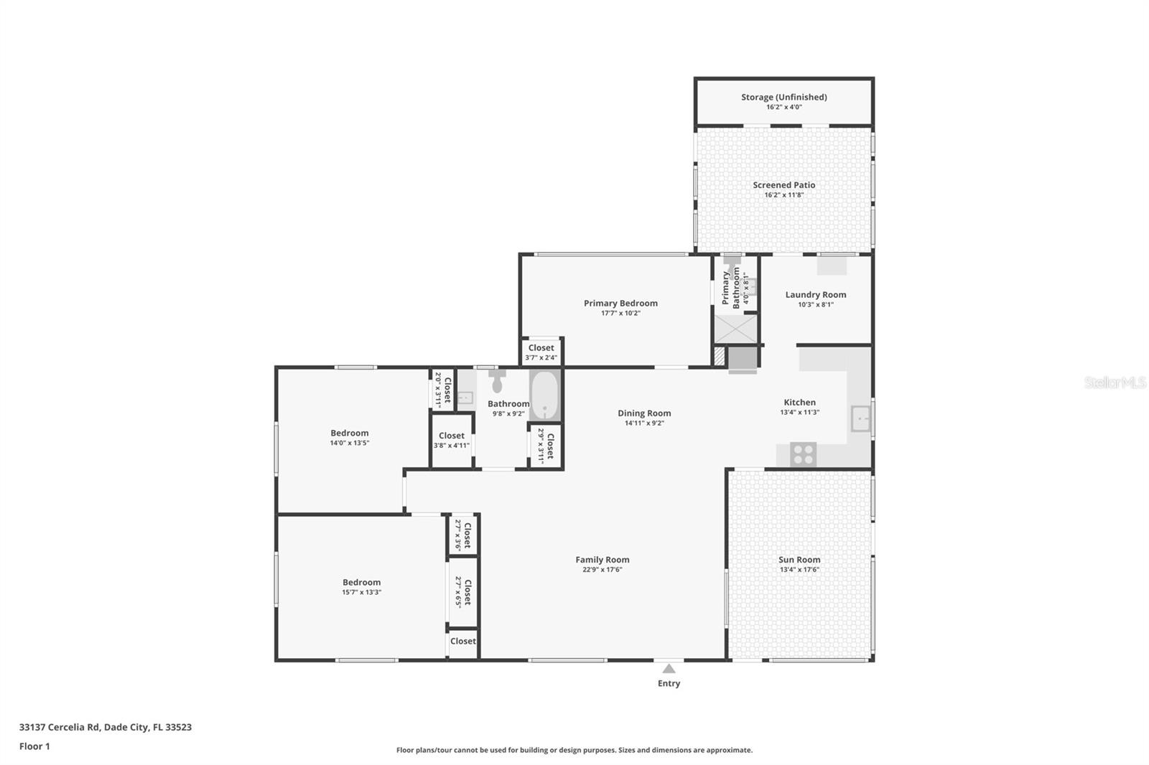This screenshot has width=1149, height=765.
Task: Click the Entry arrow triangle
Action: pyautogui.click(x=669, y=669)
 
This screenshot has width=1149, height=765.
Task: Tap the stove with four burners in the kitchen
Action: pyautogui.click(x=803, y=454)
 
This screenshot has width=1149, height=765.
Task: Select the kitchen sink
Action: pyautogui.click(x=860, y=418)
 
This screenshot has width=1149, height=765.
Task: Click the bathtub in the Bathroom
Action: pyautogui.click(x=545, y=395)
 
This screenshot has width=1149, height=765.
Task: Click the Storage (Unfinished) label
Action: pyautogui.click(x=783, y=97)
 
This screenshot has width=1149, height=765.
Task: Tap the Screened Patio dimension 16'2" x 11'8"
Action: pyautogui.click(x=783, y=195)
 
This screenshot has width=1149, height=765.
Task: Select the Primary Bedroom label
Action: pyautogui.click(x=620, y=303)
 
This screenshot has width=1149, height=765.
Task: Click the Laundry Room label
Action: pyautogui.click(x=815, y=294)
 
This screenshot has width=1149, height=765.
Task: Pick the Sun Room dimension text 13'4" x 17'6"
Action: pyautogui.click(x=799, y=570)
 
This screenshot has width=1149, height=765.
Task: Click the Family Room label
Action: pyautogui.click(x=602, y=560)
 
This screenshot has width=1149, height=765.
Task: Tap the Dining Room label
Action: pyautogui.click(x=644, y=413)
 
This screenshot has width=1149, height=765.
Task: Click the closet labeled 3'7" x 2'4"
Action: pyautogui.click(x=541, y=352)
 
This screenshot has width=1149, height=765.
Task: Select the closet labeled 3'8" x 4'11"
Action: pyautogui.click(x=451, y=440)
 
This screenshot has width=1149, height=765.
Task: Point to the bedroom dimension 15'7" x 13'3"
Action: pyautogui.click(x=361, y=593)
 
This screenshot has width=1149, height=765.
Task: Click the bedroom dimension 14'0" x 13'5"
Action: pyautogui.click(x=349, y=443)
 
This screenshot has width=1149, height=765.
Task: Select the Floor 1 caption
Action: pyautogui.click(x=34, y=746)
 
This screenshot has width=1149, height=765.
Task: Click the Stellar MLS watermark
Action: pyautogui.click(x=1115, y=382)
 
